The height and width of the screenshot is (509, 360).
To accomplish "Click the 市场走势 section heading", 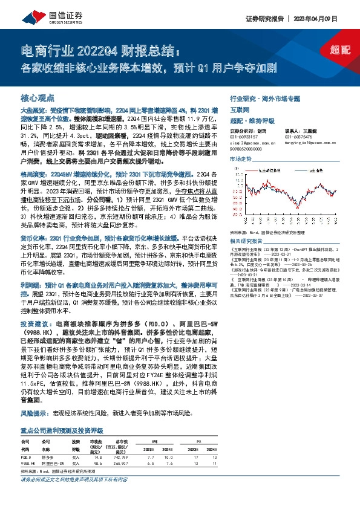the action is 241,158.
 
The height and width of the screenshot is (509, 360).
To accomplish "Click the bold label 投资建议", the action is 36,323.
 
